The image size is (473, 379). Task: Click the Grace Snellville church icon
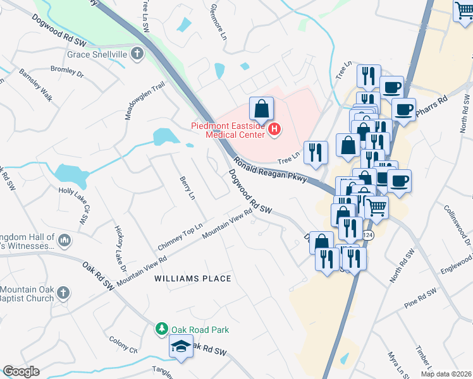coord(137,54)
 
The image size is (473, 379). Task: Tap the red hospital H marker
coord(274,130)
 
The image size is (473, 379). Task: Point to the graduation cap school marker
coord(181,347)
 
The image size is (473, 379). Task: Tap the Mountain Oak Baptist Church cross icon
coord(62,292)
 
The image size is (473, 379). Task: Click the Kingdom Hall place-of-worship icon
coord(64,241)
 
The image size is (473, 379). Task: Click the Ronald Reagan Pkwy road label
coord(269,169)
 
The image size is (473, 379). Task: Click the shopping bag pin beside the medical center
coord(261,110)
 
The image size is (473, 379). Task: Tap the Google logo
coord(21,371)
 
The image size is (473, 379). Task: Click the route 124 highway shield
coord(368,235)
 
